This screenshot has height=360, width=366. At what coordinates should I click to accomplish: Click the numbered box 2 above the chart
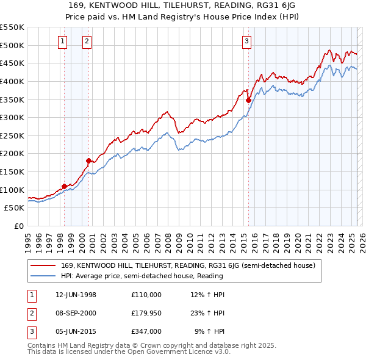(87, 41)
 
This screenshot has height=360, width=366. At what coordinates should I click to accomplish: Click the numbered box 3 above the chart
(247, 41)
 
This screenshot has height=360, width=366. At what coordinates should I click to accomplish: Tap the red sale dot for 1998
(65, 186)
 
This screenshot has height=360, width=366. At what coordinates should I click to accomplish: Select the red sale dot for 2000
(88, 161)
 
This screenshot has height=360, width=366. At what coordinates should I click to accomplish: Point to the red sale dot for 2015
(248, 101)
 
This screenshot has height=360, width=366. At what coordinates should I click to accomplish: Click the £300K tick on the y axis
(12, 117)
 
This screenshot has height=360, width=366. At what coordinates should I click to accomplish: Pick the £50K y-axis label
(15, 207)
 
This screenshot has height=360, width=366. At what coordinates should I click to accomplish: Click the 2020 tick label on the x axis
(297, 241)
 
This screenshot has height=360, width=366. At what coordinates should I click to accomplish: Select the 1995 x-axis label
(28, 241)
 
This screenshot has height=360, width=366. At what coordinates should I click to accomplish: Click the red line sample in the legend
(43, 266)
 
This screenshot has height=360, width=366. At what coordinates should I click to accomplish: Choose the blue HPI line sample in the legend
(43, 276)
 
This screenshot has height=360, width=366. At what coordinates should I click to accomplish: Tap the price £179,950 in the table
(146, 313)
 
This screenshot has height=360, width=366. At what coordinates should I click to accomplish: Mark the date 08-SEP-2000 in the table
(75, 313)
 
